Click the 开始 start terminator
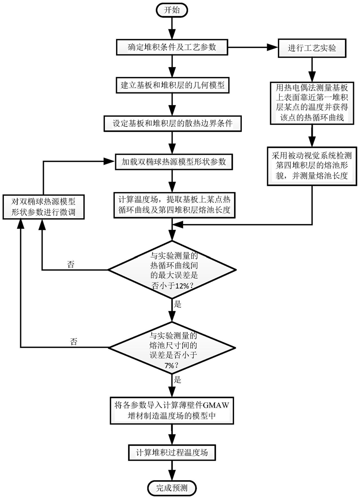point(172,10)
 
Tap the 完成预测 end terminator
point(172,487)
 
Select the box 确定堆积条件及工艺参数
point(172,47)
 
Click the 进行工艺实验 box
point(312,48)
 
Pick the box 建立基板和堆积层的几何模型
point(172,85)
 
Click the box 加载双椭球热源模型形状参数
point(174,161)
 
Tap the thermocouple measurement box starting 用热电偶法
point(312,103)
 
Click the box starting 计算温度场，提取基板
point(174,205)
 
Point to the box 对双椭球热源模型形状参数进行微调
point(44,207)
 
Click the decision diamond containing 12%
point(172,270)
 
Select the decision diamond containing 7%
point(172,347)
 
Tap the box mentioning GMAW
point(172,410)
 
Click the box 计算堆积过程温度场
point(172,452)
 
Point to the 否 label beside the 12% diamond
point(70,264)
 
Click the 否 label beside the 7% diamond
point(73,342)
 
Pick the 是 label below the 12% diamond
point(177,304)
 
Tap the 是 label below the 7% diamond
point(177,379)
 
